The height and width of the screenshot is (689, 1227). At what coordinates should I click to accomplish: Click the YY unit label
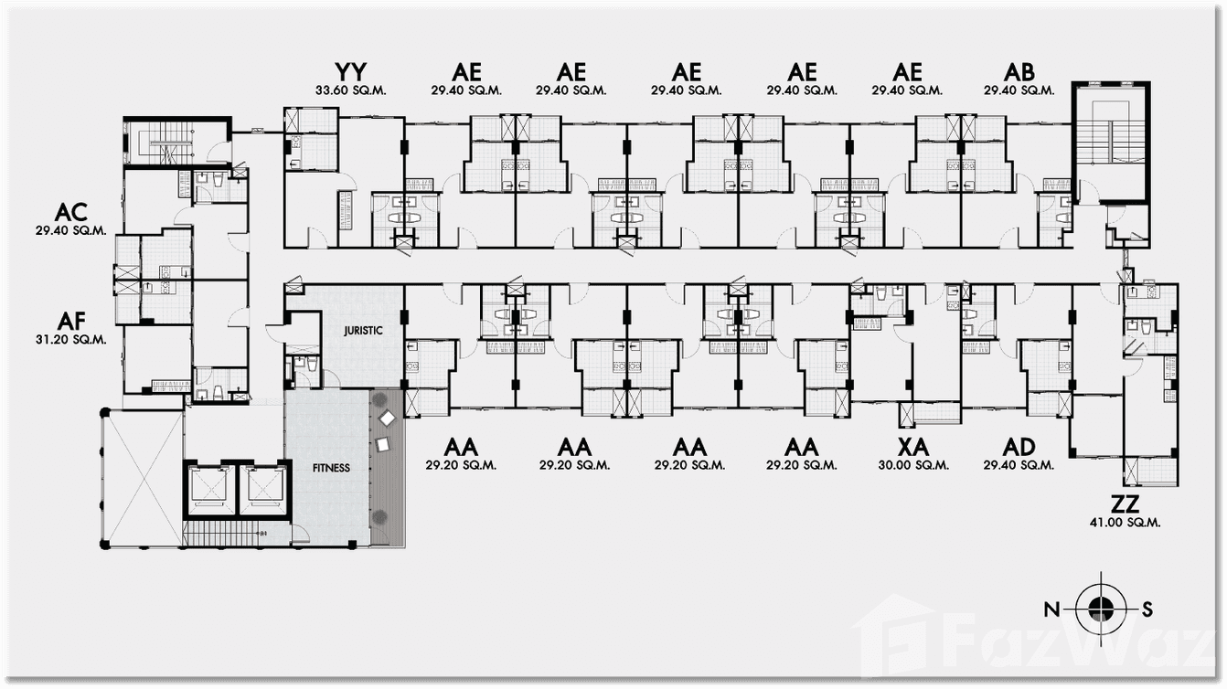point(351,72)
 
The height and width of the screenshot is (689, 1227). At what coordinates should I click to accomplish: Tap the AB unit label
point(1019,72)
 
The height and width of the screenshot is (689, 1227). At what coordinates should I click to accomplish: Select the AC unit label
point(70,213)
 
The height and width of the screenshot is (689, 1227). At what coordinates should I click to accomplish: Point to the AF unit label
point(70,321)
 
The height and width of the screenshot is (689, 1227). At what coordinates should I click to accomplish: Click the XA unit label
point(913,447)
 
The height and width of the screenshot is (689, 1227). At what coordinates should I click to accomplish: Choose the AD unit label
point(1019,447)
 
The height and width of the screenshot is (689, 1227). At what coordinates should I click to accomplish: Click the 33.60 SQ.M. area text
point(351,90)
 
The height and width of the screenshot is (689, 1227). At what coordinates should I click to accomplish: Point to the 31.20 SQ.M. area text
point(70,339)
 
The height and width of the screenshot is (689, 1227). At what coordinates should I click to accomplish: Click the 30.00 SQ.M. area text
point(913,465)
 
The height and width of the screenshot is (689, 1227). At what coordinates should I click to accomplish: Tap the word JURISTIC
point(362,333)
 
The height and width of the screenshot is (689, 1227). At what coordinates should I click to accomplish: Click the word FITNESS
point(331,468)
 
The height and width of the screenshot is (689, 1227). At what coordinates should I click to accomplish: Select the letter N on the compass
point(1053,609)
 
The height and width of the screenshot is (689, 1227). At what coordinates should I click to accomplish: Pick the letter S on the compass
point(1147,609)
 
